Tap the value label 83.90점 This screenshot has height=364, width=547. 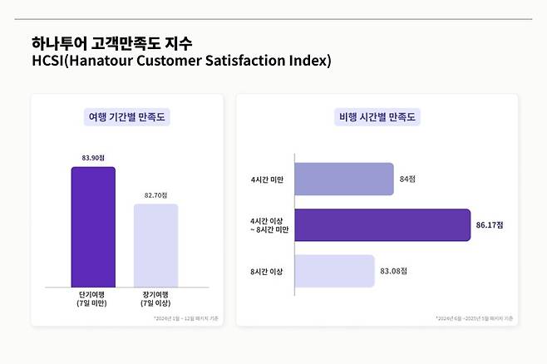pos(92,157)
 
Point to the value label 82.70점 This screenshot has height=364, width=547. pos(155,194)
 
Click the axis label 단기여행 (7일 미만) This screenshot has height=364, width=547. pos(92,298)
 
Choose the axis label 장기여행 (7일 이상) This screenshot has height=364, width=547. pos(155,298)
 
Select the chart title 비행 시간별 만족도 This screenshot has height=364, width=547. pos(378,117)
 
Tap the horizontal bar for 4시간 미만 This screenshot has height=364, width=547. pos(344,179)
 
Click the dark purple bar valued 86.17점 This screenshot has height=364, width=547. pos(383,224)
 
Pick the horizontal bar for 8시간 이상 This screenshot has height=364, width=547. pos(334,271)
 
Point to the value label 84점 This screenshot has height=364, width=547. pos(407,179)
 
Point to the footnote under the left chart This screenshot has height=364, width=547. pos(184,318)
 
